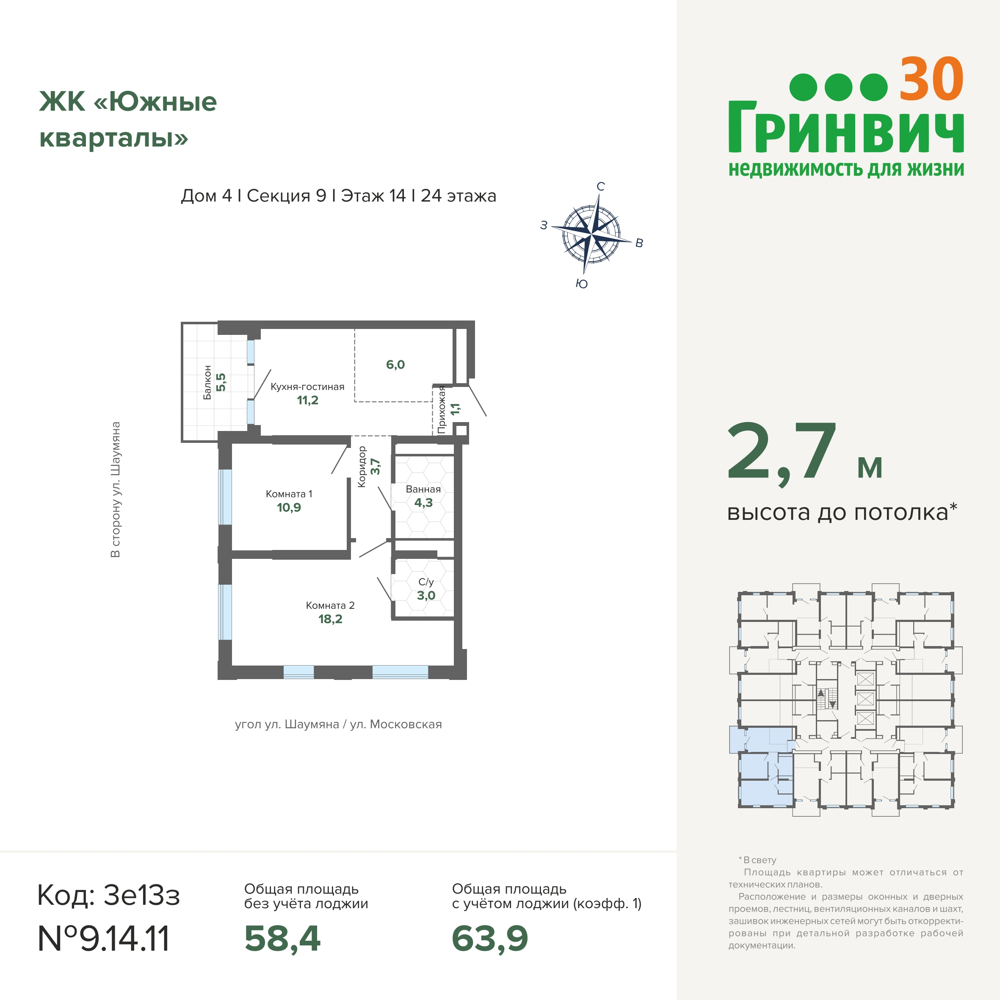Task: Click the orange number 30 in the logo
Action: point(931,79)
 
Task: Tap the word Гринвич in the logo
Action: point(846,127)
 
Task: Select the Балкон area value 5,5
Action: point(221,382)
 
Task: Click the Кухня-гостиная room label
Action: point(307,387)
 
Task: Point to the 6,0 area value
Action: point(395,365)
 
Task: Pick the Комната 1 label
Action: point(289,494)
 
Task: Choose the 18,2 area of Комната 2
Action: point(330,619)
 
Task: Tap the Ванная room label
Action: point(423,489)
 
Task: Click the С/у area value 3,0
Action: point(426,596)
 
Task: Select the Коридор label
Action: point(362,467)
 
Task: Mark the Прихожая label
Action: point(442,409)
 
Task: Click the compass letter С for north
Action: point(600,186)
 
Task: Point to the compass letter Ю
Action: point(582,284)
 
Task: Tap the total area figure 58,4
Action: point(283,939)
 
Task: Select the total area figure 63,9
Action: point(490,939)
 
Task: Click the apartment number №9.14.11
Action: point(104,939)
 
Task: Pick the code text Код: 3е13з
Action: point(109,895)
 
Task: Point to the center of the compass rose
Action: point(591,235)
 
